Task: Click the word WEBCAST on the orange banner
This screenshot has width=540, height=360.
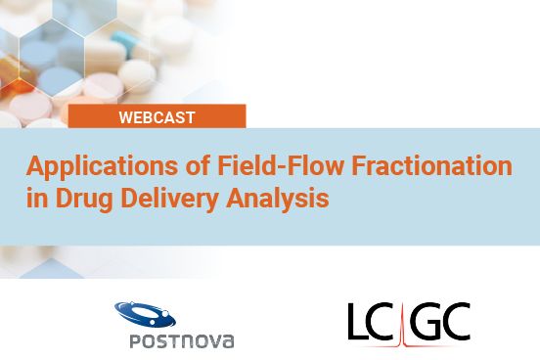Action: click(157, 117)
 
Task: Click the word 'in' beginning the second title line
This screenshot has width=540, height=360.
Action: click(35, 199)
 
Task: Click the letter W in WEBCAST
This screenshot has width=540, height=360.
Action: click(125, 117)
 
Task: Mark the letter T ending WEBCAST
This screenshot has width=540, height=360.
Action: click(190, 117)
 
